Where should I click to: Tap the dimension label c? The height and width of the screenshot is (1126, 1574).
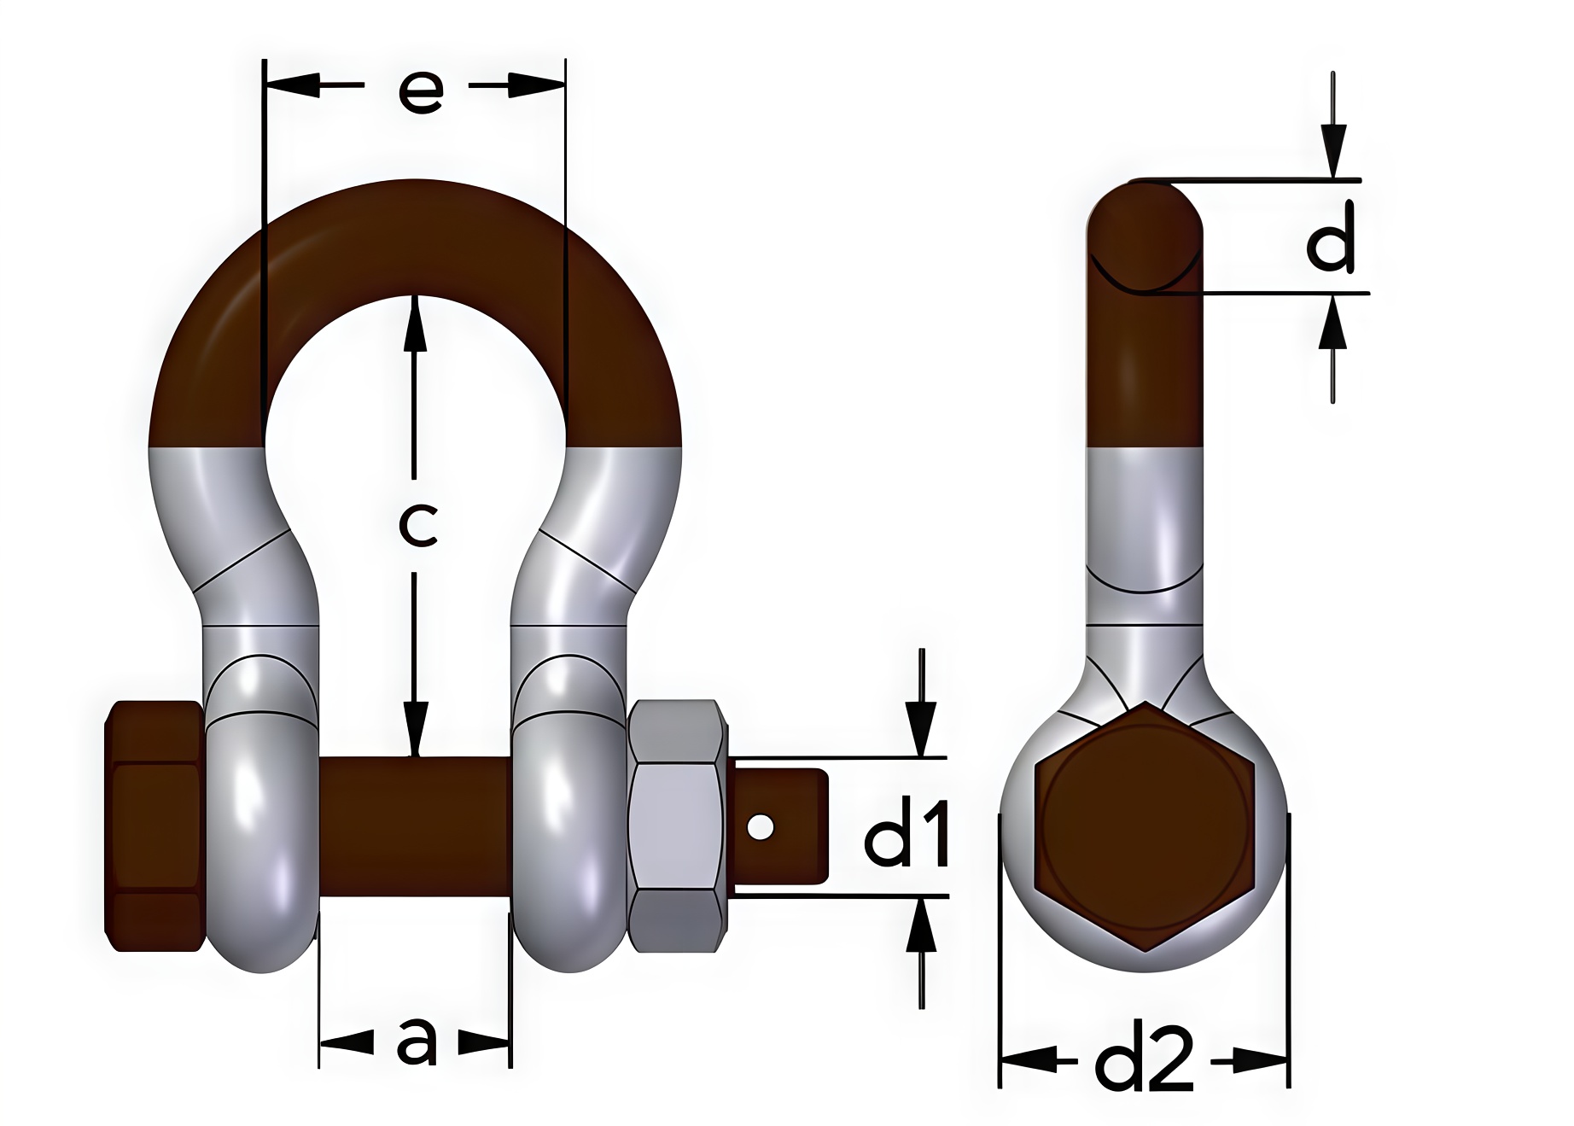(418, 525)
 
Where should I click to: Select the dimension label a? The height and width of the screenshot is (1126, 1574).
(417, 1042)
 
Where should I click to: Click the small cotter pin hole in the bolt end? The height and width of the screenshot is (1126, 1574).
(760, 827)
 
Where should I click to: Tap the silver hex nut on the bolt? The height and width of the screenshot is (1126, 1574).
(676, 826)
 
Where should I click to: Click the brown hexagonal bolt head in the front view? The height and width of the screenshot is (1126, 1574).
(154, 826)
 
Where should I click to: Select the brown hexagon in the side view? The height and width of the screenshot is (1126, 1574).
(1144, 826)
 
